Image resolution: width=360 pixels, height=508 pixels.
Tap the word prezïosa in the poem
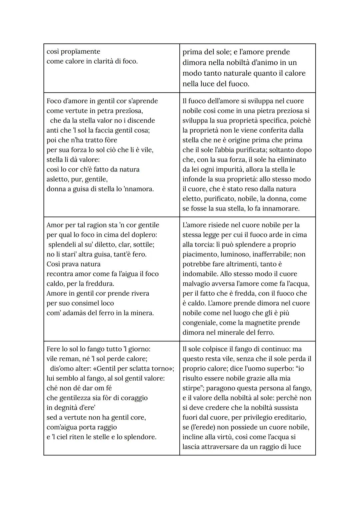tap(128, 111)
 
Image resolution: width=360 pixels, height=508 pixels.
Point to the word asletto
tap(58, 179)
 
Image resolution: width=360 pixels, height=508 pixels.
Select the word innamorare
tap(280, 209)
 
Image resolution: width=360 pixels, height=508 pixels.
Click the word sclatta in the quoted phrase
tap(137, 368)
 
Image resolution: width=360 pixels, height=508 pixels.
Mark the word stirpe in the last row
tap(194, 388)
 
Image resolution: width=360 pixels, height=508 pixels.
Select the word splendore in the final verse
tap(139, 437)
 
